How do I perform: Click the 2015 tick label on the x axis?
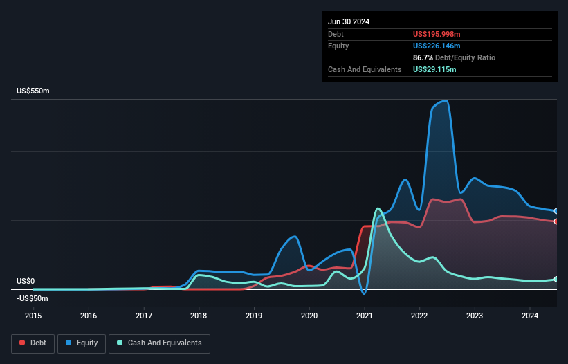click(x=33, y=316)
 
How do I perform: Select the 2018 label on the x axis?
click(x=199, y=316)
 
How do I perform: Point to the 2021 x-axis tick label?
click(x=364, y=316)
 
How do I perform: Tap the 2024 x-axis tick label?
click(x=529, y=316)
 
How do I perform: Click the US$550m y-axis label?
click(x=33, y=91)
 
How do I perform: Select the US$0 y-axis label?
click(x=26, y=281)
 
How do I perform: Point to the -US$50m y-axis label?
click(x=33, y=298)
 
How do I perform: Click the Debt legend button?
click(x=33, y=343)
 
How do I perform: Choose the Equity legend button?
click(x=82, y=343)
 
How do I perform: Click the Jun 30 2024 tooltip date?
click(x=349, y=21)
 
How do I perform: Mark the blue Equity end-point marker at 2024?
click(x=556, y=211)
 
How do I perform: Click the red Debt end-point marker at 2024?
click(x=556, y=221)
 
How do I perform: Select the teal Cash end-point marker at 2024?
click(x=556, y=279)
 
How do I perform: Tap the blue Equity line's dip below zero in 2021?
click(x=364, y=293)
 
